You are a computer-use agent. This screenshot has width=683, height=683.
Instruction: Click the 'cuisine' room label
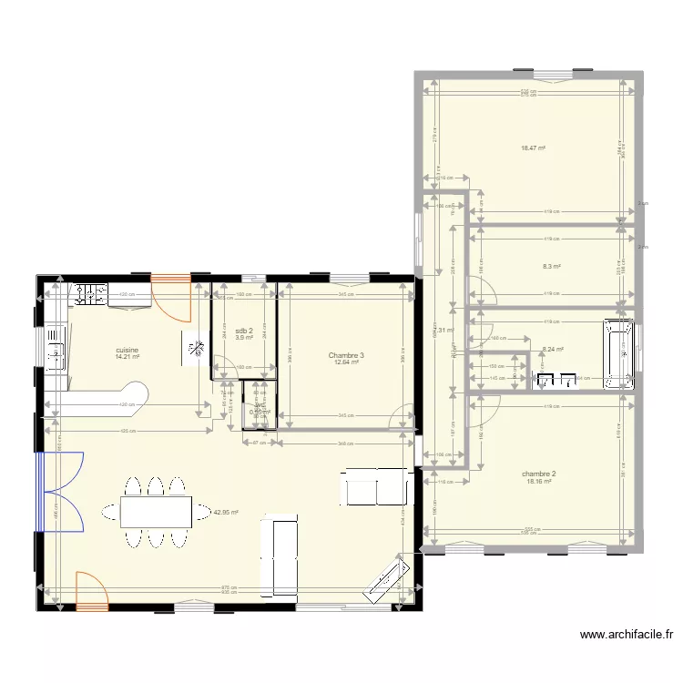(x=127, y=350)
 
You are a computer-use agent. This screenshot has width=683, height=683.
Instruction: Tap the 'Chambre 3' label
(x=346, y=355)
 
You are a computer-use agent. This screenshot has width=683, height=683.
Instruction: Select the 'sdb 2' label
(x=244, y=331)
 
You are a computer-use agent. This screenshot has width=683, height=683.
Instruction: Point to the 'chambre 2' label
(x=538, y=474)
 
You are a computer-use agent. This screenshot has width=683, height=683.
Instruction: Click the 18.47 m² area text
(x=533, y=148)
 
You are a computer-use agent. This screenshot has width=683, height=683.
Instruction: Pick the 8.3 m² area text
(x=552, y=267)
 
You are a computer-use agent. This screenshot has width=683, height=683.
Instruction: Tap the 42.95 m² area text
(x=225, y=512)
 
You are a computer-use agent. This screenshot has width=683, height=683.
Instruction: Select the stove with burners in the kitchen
(x=89, y=294)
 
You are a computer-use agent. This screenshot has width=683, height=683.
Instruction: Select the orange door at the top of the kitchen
(x=171, y=297)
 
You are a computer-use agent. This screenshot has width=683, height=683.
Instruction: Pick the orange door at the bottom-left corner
(x=91, y=591)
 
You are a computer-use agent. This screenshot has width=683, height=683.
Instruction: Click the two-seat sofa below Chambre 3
(x=377, y=487)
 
